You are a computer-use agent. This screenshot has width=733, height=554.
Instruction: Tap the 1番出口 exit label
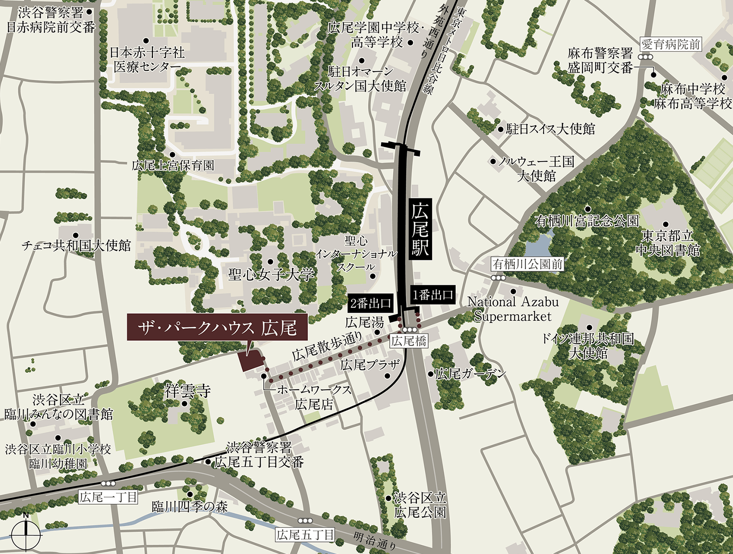tap(433, 295)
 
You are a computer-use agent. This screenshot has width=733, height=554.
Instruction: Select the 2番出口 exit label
tap(370, 303)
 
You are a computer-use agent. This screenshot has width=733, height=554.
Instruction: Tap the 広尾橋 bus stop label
tap(408, 341)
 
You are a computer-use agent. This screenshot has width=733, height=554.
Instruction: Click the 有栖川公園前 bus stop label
tap(527, 264)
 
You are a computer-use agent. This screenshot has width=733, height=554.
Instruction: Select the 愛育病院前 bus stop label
tap(670, 44)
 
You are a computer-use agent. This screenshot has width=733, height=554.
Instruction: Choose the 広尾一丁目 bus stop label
tap(108, 497)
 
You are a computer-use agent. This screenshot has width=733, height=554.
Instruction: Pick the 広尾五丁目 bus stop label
tap(305, 534)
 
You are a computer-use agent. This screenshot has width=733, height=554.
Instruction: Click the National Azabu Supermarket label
tap(513, 309)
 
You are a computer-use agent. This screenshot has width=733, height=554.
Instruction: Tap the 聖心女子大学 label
tap(271, 274)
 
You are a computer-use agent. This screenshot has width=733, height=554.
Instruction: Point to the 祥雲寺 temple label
tap(187, 390)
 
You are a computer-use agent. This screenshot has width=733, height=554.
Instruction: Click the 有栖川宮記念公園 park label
tap(586, 221)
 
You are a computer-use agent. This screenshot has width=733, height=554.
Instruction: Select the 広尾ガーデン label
tap(470, 374)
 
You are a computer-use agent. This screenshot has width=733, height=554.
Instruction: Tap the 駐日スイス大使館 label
tap(550, 129)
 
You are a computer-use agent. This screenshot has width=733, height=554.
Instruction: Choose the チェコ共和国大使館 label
tap(77, 246)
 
